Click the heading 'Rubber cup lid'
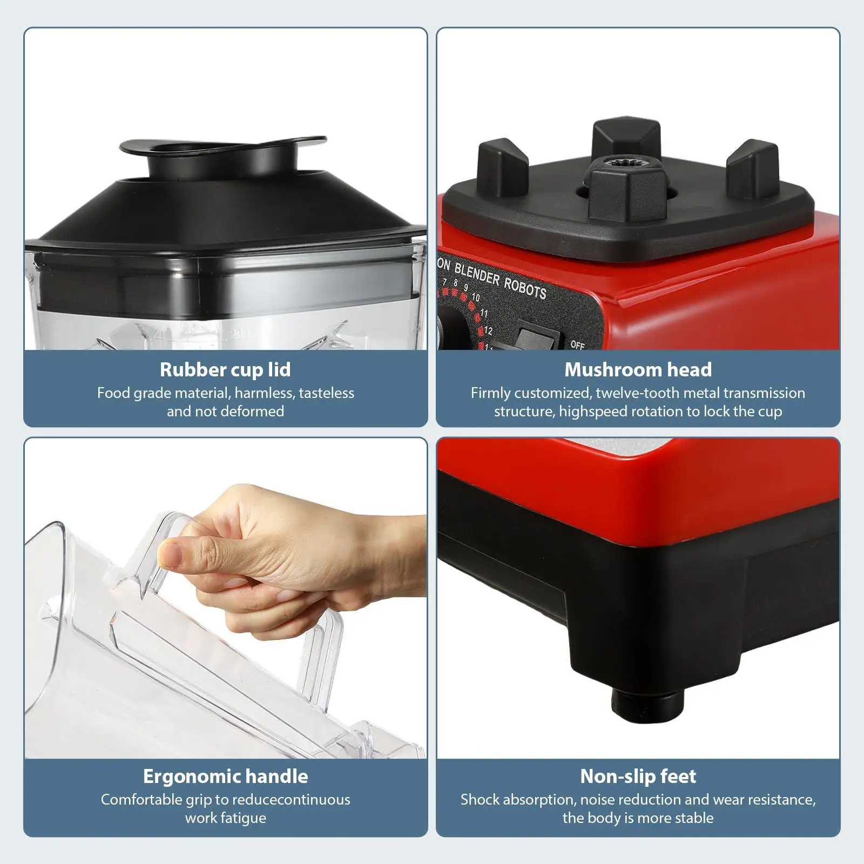click(225, 370)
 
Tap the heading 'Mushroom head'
click(638, 370)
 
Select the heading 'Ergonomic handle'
click(225, 777)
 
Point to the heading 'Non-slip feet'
click(638, 777)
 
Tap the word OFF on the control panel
click(577, 345)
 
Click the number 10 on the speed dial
click(476, 298)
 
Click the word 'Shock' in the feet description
click(480, 800)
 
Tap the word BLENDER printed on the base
click(477, 274)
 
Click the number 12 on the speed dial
click(488, 330)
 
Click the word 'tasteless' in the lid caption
click(327, 393)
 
